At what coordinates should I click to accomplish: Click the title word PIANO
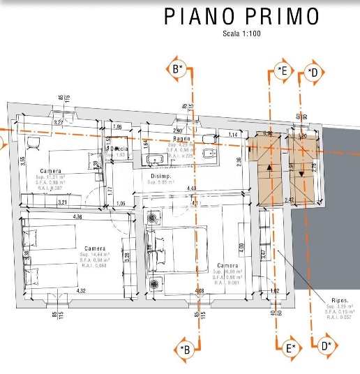coord(203,17)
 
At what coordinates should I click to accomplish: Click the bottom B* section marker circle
coord(185,350)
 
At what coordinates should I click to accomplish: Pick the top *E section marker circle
coord(282,70)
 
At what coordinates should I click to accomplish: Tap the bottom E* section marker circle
coord(290,347)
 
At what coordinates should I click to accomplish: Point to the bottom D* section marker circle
coord(325,345)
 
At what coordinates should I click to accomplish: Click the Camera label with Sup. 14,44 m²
coord(95,248)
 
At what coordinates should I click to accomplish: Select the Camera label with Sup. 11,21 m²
coord(50,171)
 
